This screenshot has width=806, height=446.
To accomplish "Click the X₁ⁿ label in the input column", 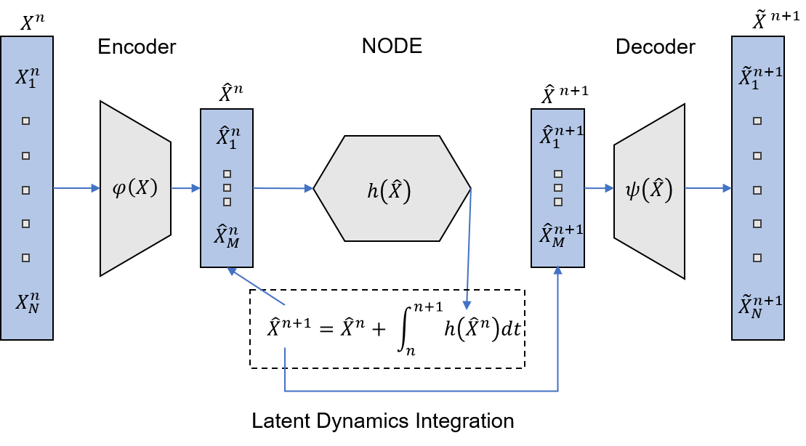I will click(x=26, y=78).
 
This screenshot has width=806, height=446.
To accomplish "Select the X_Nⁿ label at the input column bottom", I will click(x=27, y=302).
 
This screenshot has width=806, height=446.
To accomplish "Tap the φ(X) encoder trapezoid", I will click(x=135, y=188).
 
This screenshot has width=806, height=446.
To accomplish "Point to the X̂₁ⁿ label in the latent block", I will click(x=227, y=137).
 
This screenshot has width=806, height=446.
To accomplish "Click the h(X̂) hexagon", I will click(x=391, y=189).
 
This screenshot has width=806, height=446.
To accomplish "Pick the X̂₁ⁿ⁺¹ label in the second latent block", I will click(x=560, y=137).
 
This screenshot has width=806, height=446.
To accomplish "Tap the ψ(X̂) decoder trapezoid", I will click(x=649, y=191).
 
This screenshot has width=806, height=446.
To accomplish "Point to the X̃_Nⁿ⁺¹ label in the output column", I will click(x=760, y=305).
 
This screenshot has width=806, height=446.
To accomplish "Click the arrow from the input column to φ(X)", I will click(x=76, y=189).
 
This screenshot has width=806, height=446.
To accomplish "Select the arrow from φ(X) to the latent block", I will click(x=185, y=189).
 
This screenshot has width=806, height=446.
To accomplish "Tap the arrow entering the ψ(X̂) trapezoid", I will click(x=599, y=189).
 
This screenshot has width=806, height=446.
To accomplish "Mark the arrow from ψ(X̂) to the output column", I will click(x=708, y=189).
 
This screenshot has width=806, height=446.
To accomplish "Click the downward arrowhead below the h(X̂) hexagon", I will click(x=467, y=305).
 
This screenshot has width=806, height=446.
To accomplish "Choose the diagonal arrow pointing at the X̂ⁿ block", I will click(x=255, y=286).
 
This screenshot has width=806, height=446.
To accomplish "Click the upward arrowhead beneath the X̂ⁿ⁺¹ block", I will click(x=557, y=271).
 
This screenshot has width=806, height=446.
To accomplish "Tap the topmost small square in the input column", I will click(x=26, y=121).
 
